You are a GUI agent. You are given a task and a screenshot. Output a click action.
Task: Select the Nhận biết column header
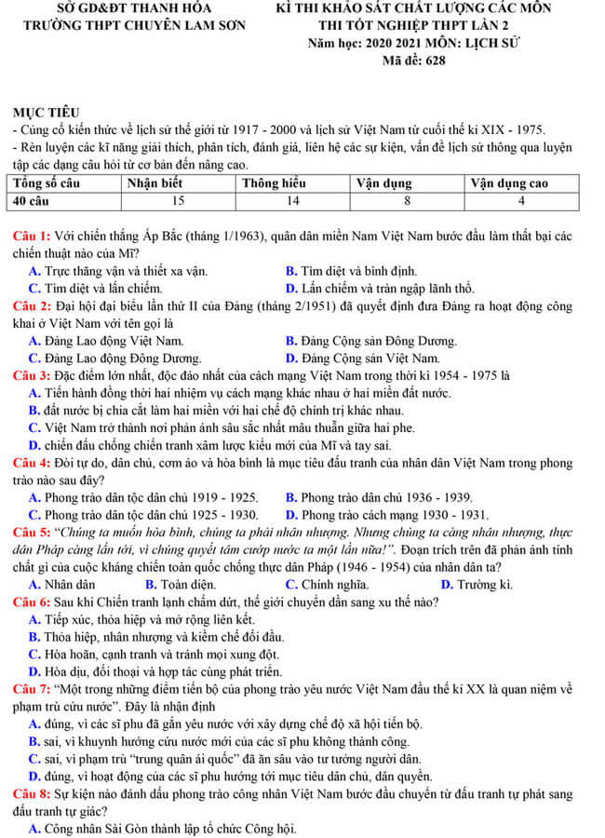pos(155,182)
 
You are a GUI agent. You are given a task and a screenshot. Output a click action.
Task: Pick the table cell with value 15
pos(178,200)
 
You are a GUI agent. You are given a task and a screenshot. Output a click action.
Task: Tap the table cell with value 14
pos(292,200)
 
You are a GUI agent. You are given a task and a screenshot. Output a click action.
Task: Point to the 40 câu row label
pos(34,200)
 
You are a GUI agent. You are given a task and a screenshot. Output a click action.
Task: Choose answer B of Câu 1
pos(351,271)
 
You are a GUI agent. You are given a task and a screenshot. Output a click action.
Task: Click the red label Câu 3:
pos(32,375)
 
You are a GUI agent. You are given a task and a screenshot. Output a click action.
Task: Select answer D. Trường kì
pos(477,585)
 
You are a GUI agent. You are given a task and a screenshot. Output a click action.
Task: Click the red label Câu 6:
pos(32,602)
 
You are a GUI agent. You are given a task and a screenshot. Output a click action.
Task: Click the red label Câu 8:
pos(32,794)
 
